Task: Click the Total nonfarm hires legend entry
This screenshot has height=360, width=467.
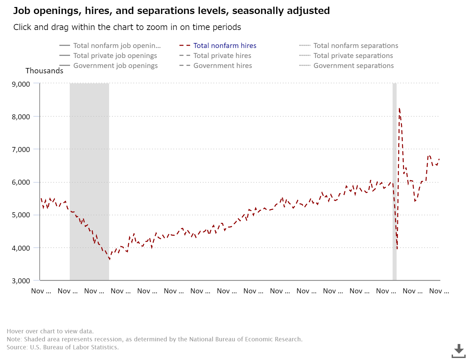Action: click(x=224, y=46)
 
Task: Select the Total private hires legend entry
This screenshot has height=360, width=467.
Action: click(x=222, y=56)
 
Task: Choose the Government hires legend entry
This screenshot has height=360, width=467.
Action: click(x=222, y=66)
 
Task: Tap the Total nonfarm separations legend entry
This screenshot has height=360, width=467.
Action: click(x=356, y=46)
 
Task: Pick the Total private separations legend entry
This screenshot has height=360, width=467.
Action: click(x=353, y=56)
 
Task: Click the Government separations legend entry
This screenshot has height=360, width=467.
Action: click(x=353, y=66)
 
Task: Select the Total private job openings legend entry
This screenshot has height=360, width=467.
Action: click(x=115, y=56)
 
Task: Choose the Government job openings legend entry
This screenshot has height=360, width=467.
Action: click(x=115, y=66)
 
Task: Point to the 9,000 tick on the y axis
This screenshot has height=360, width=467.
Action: click(x=21, y=84)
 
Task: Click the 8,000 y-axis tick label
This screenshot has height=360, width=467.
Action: click(x=21, y=117)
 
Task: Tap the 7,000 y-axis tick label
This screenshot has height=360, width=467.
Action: click(x=21, y=149)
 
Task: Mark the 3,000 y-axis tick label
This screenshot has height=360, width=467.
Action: click(x=21, y=281)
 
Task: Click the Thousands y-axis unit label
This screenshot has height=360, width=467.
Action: click(x=44, y=71)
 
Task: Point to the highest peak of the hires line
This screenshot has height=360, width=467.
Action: click(x=399, y=108)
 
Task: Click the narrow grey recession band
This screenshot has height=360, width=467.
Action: click(x=395, y=167)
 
